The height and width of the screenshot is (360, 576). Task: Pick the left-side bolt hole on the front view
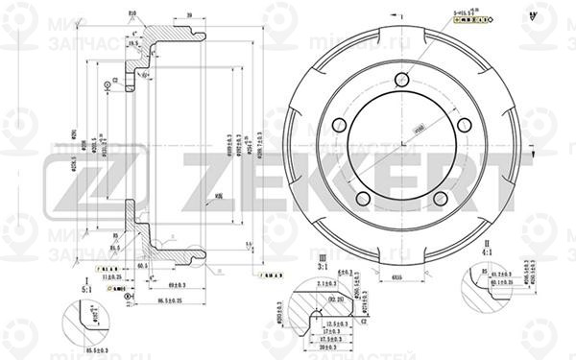338,127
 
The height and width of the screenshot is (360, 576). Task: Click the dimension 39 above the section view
191,16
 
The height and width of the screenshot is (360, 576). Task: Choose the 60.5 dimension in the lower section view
142,265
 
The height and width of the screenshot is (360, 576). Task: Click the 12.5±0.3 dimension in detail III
334,324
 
